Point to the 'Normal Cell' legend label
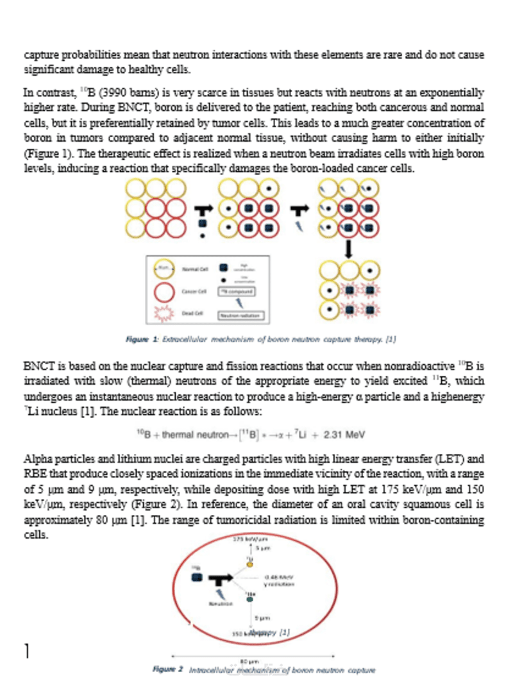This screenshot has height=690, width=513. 192,270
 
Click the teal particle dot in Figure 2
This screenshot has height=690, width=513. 250,598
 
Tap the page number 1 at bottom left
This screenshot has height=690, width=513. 26,652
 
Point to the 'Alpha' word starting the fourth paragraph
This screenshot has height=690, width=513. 37,459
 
